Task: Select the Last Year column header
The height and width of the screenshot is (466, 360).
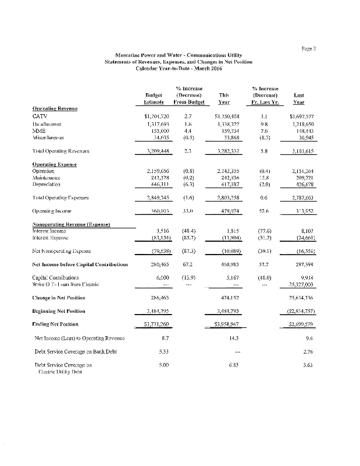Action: [x=300, y=98]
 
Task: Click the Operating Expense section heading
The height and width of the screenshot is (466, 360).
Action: [x=56, y=164]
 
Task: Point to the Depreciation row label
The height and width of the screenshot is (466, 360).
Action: [x=50, y=182]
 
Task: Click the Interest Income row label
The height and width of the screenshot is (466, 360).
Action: [x=54, y=231]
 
